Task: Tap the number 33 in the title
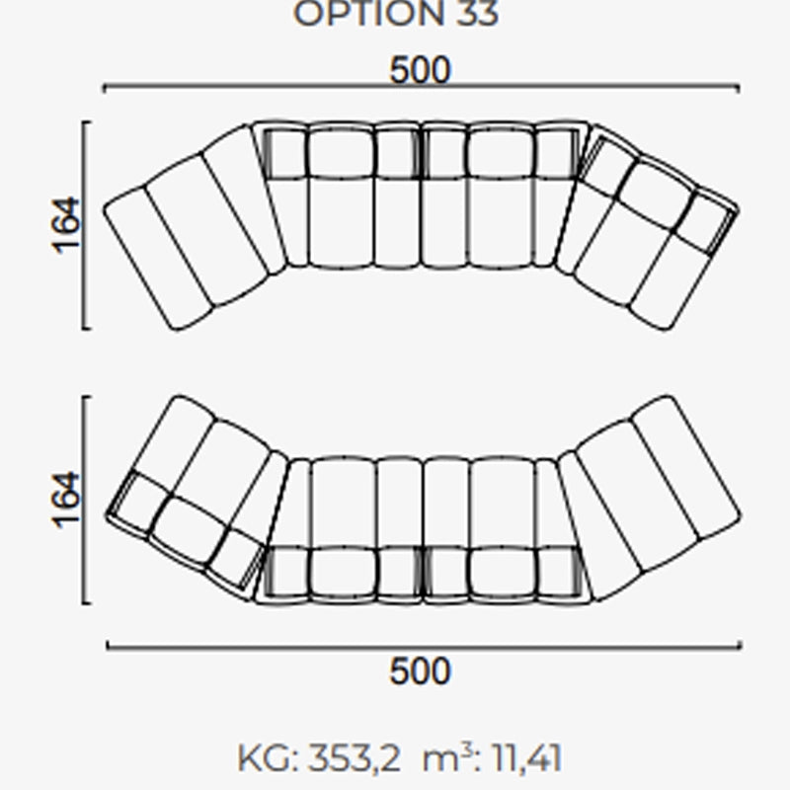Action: pos(477,14)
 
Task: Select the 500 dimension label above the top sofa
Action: pos(421,69)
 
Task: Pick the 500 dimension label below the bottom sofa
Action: pos(421,671)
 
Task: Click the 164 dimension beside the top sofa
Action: pos(66,225)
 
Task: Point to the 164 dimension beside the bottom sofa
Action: pos(66,500)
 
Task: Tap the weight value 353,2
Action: pos(355,758)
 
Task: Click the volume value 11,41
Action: pos(526,758)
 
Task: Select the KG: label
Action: pos(268,758)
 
